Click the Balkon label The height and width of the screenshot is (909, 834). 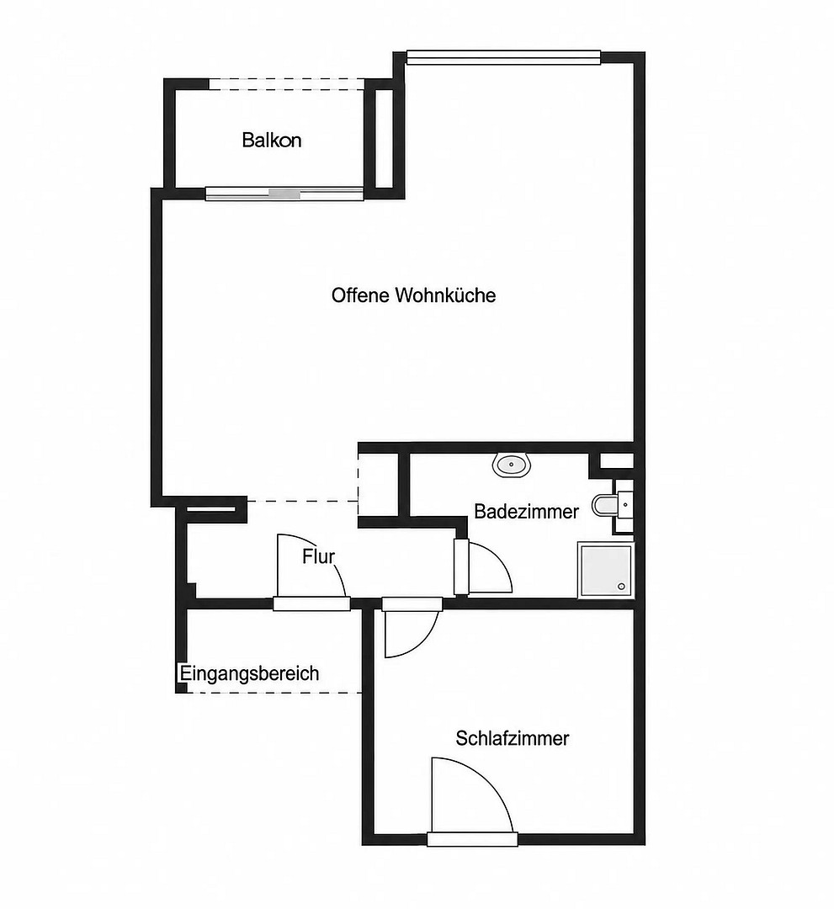click(271, 141)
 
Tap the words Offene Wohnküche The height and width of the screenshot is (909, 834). click(413, 295)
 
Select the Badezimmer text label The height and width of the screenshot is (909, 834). click(526, 512)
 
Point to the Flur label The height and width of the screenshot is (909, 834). click(318, 556)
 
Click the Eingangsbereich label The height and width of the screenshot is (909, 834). click(249, 673)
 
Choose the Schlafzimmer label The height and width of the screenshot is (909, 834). click(513, 739)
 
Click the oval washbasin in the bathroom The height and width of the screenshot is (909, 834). click(512, 465)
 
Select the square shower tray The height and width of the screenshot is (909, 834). click(605, 569)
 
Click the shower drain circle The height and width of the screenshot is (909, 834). click(622, 587)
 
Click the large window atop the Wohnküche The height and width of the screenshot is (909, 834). click(503, 56)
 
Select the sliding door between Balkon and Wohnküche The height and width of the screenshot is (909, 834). click(284, 194)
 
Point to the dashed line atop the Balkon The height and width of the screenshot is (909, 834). click(286, 85)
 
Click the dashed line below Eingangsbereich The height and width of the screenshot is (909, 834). click(274, 692)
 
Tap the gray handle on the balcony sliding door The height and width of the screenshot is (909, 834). click(285, 194)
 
